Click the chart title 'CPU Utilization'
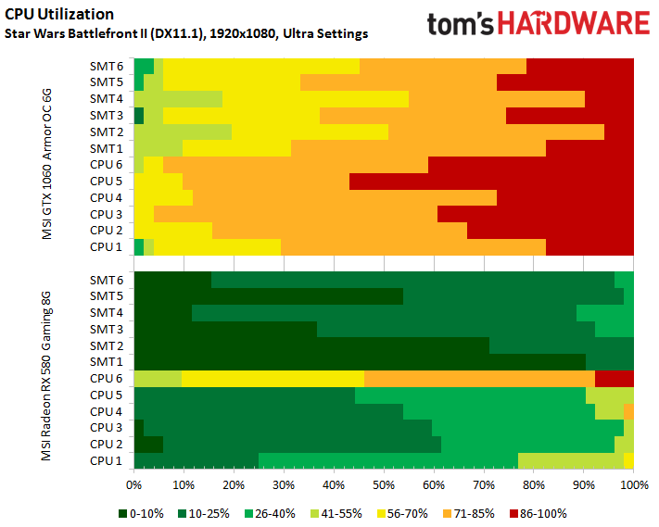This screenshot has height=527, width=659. pyautogui.click(x=60, y=14)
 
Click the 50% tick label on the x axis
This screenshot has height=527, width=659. pyautogui.click(x=384, y=484)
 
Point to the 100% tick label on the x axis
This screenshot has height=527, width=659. pyautogui.click(x=633, y=484)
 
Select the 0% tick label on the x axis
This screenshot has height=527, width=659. pyautogui.click(x=134, y=484)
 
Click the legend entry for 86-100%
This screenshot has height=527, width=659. pyautogui.click(x=538, y=512)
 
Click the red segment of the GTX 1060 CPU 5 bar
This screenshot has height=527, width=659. pyautogui.click(x=491, y=181)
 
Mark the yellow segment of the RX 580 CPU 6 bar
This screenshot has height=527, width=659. pyautogui.click(x=272, y=378)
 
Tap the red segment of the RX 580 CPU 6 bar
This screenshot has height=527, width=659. pyautogui.click(x=614, y=378)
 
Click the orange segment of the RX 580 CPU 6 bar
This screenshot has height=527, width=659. pyautogui.click(x=479, y=378)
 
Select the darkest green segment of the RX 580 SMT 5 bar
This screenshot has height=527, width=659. pyautogui.click(x=269, y=295)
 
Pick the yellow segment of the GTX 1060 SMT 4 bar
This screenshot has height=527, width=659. pyautogui.click(x=315, y=98)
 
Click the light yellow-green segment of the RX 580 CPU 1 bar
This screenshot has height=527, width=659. pyautogui.click(x=570, y=460)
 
